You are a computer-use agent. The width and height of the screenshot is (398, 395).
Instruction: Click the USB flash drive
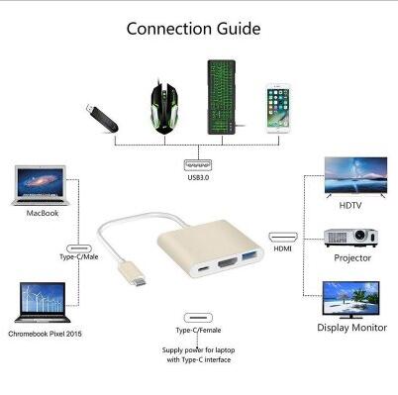point(102,118)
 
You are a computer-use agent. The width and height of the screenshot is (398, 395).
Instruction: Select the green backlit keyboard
point(222,97)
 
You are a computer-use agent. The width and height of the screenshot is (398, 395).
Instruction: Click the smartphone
point(278,109)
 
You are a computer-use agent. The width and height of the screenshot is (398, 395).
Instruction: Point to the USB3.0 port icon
point(198,164)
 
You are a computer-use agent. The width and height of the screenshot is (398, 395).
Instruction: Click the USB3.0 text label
point(198,177)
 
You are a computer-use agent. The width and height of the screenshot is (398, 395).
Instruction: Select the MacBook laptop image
point(41,185)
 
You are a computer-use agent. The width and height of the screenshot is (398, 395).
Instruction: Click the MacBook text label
point(43,213)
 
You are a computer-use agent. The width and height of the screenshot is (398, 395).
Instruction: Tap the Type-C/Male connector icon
point(79,248)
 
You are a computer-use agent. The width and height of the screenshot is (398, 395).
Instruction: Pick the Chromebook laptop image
point(43,302)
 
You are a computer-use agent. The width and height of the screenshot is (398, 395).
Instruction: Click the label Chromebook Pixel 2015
point(45,334)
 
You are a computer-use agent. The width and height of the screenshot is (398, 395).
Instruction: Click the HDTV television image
point(355,177)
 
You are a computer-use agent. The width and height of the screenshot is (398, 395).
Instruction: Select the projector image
point(350,238)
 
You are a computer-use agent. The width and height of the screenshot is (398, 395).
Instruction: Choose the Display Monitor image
point(350,300)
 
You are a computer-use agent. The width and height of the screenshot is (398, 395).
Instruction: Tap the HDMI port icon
point(283,237)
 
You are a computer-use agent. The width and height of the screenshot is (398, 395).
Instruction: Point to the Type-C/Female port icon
point(198,318)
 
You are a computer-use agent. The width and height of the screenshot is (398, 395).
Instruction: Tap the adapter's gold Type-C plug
point(133,273)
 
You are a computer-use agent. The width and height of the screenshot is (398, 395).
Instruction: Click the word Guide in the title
point(239,29)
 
